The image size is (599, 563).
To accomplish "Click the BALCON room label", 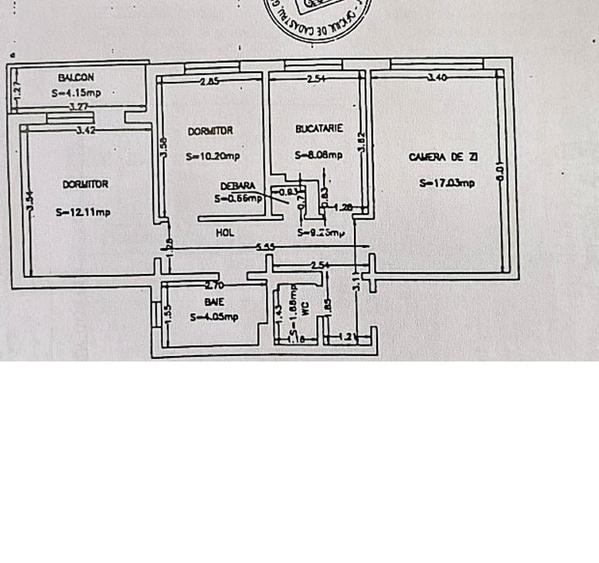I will click(76, 77).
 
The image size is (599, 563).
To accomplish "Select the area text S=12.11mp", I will click(84, 212).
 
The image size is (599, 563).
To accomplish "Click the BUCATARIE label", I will click(319, 129).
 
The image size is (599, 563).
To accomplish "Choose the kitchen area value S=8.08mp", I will click(318, 155).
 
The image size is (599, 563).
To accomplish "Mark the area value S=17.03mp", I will click(447, 182).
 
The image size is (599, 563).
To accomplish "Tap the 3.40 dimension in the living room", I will click(436, 76).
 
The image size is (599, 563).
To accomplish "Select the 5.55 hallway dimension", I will click(265, 247).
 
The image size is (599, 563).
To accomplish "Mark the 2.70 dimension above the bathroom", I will click(212, 285).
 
